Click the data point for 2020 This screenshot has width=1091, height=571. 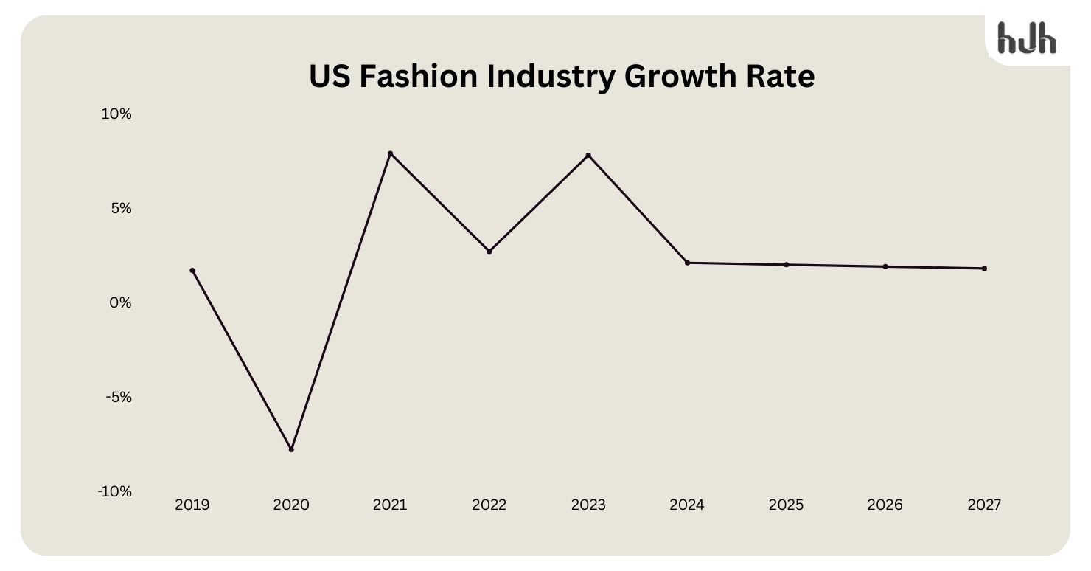[x=291, y=449]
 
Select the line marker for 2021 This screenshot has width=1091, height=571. [x=390, y=153]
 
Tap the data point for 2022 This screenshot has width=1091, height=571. [x=489, y=252]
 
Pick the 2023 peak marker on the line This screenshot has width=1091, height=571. [x=588, y=156]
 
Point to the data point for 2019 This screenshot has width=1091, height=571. [x=192, y=271]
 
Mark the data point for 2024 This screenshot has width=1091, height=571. [x=687, y=263]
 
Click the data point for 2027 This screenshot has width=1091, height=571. [x=984, y=269]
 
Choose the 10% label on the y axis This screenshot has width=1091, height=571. [x=116, y=114]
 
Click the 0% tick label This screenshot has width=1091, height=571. [x=121, y=303]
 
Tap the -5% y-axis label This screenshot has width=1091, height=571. [x=119, y=398]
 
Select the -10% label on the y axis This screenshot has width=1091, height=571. [x=115, y=492]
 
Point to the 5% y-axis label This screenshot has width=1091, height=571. [x=121, y=209]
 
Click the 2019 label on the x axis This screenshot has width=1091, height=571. [x=192, y=505]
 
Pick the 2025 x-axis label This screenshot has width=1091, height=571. [x=786, y=505]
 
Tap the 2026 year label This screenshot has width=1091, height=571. [x=885, y=505]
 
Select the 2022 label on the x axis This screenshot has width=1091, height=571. [x=489, y=505]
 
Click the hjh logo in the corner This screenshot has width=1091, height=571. [x=1026, y=38]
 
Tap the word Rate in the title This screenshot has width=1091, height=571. [x=782, y=77]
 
